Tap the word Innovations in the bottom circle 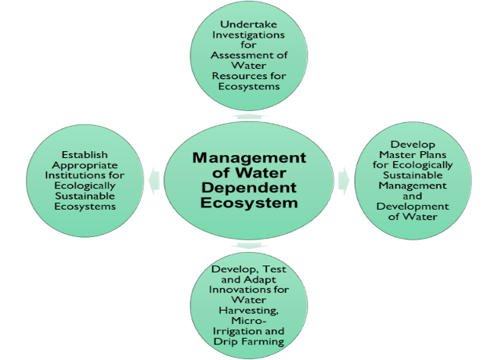pyautogui.click(x=248, y=290)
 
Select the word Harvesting pyautogui.click(x=248, y=311)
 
